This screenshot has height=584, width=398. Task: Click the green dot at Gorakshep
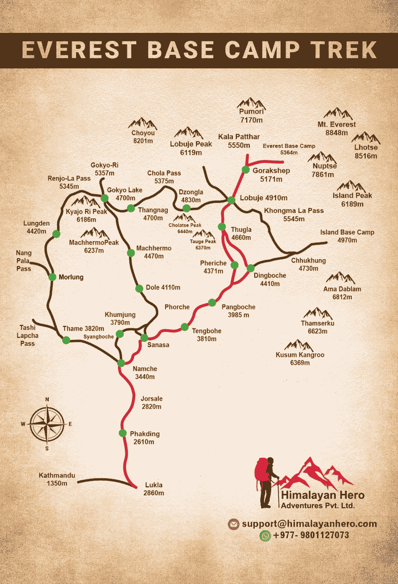tap(245, 169)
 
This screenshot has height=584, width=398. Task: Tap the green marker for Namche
tap(121, 363)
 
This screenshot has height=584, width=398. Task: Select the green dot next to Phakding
tap(122, 433)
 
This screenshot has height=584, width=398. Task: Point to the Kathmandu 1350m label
tap(57, 479)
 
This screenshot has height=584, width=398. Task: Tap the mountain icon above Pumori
tap(252, 103)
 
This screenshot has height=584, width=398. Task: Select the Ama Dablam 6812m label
tap(342, 293)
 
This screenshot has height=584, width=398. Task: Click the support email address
tap(309, 524)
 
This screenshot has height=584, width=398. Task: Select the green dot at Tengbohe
tap(185, 327)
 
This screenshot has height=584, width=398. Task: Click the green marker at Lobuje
tap(231, 200)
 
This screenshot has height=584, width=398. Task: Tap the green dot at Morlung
tap(52, 277)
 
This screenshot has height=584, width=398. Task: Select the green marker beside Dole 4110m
tap(139, 288)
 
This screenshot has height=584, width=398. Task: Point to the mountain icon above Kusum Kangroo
tap(298, 345)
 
